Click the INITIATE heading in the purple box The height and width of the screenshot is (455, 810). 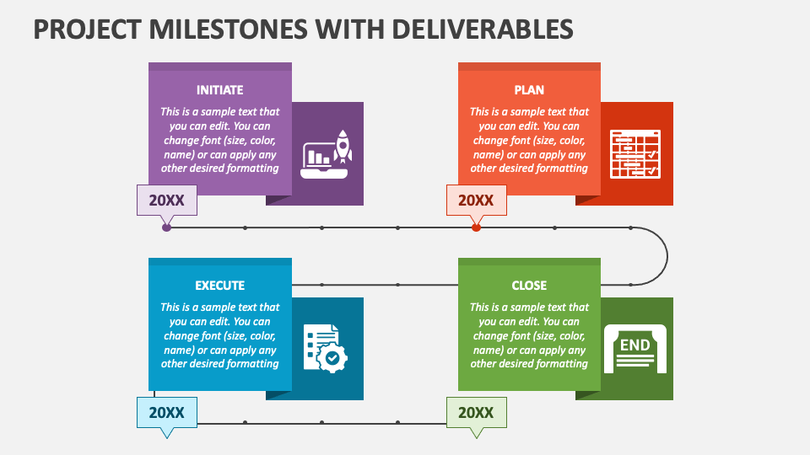[x=219, y=90]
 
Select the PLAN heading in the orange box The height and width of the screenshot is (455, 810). [x=529, y=90]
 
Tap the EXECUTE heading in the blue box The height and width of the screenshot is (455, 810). [x=219, y=286]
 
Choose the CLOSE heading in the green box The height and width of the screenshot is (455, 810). [x=529, y=286]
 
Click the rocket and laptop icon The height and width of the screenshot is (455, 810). [x=327, y=154]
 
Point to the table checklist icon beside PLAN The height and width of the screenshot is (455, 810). [x=635, y=154]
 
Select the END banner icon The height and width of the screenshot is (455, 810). [x=634, y=348]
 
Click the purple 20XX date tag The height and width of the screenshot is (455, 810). [x=167, y=201]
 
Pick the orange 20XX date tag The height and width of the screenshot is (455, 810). [x=476, y=201]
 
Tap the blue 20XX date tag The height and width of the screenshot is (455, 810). [x=167, y=413]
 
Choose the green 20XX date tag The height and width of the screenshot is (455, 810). [x=476, y=413]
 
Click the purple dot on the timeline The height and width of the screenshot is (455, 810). [x=166, y=227]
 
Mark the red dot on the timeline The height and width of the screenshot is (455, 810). [x=476, y=227]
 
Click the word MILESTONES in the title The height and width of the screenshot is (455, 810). [x=229, y=29]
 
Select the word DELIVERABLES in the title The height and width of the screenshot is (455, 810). [x=483, y=29]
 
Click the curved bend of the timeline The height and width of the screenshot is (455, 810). [x=667, y=256]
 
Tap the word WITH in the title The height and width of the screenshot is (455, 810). [x=350, y=29]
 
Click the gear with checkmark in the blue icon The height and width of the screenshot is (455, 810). [x=332, y=357]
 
